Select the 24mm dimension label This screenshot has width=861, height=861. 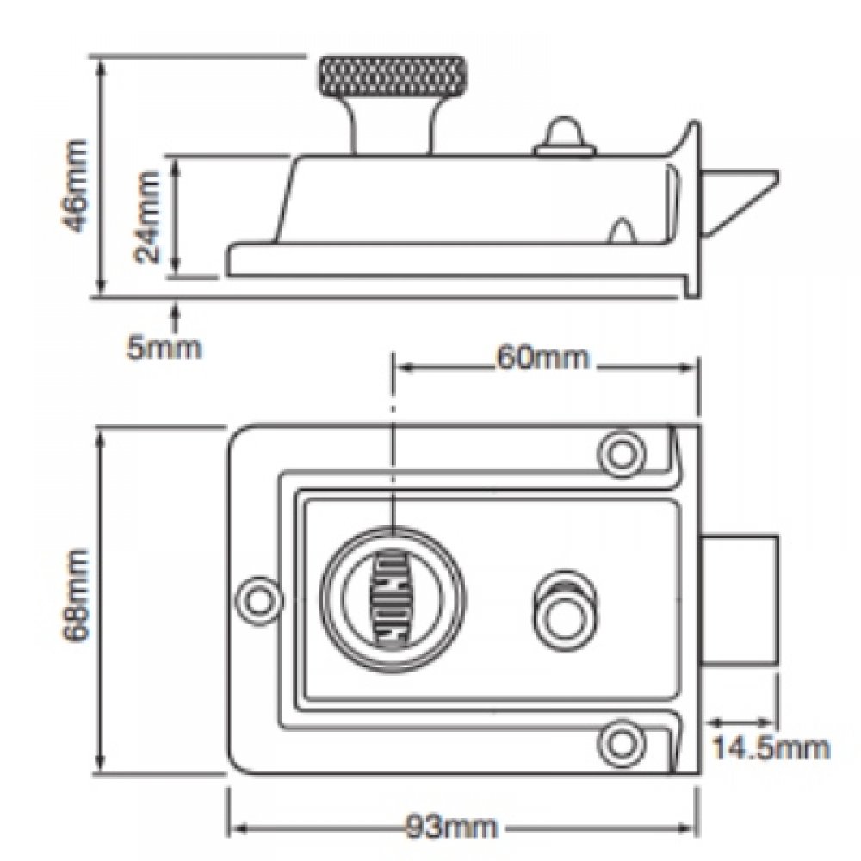point(148,216)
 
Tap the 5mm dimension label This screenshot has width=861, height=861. point(164,348)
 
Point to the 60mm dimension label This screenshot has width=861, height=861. point(542,356)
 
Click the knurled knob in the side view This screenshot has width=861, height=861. point(393,77)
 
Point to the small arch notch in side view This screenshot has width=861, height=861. point(623,231)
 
